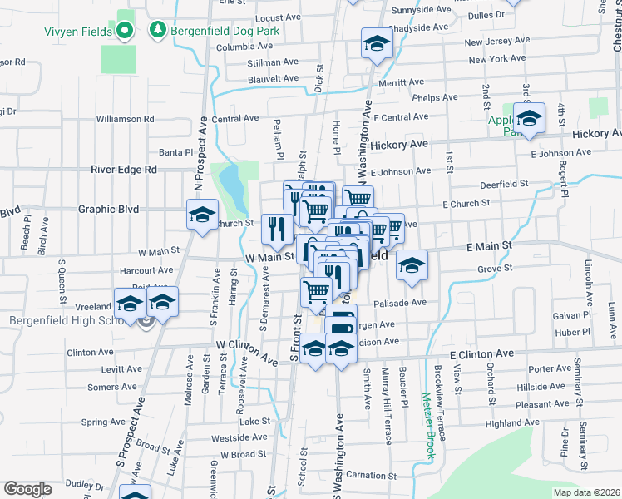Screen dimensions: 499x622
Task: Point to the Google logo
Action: (27, 488)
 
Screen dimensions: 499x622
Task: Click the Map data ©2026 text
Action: (586, 492)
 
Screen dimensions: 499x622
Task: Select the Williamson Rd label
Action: (125, 119)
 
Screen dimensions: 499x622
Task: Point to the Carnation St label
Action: (370, 474)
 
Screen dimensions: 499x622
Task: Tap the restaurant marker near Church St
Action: (275, 229)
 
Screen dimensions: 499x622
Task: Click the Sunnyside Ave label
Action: (419, 10)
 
